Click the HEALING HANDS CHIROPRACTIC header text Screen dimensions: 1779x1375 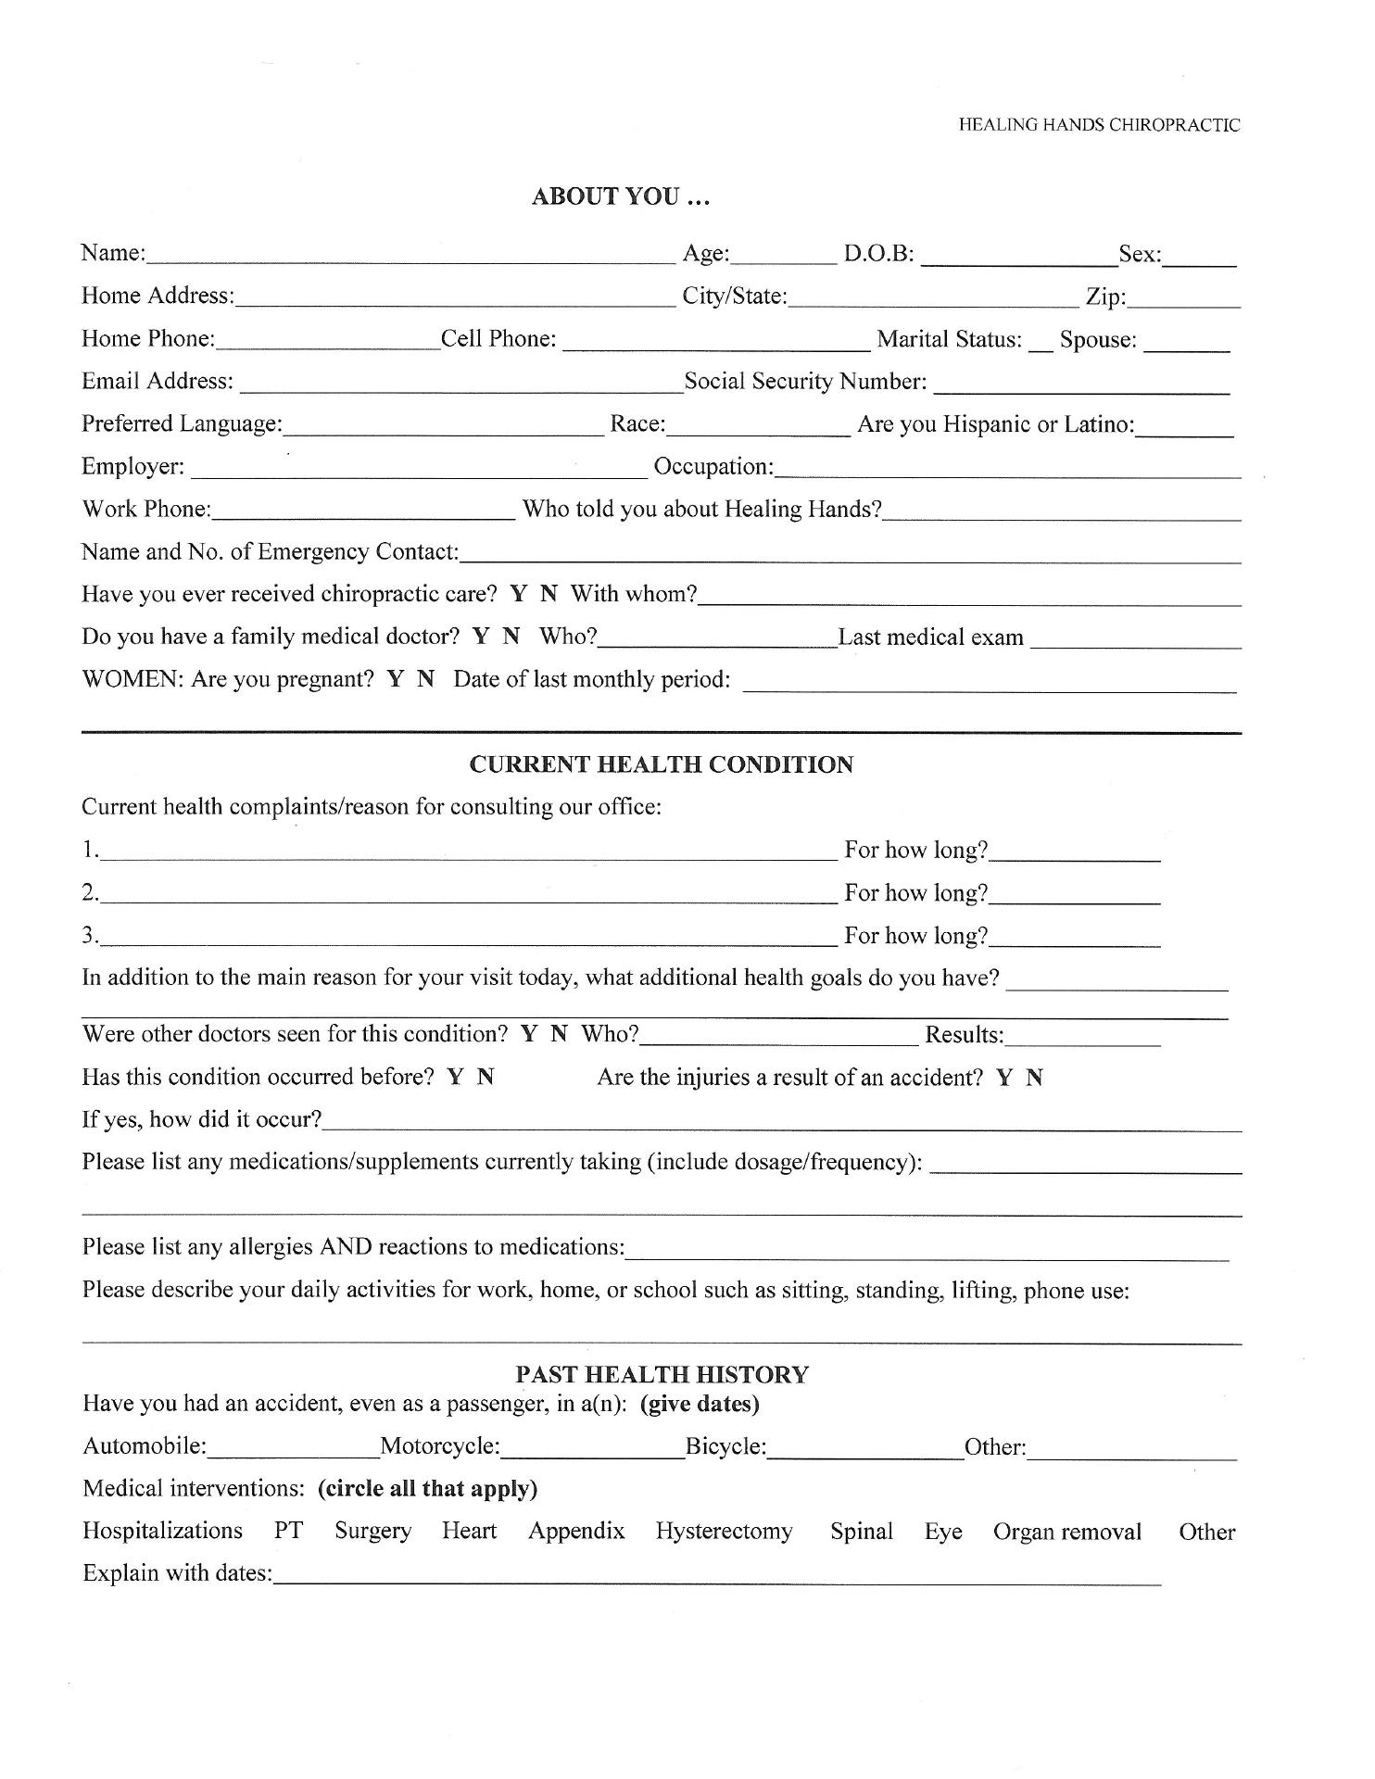[x=1099, y=125]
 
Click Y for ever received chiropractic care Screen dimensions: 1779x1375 [x=518, y=595]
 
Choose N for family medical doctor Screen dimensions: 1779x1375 [x=511, y=637]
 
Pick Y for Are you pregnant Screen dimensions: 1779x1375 [x=396, y=680]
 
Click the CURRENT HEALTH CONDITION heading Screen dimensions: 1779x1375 [x=661, y=765]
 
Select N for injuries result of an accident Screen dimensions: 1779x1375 [x=1035, y=1079]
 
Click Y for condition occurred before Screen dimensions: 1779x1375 [x=455, y=1078]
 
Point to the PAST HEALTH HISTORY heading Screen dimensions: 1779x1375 [x=662, y=1375]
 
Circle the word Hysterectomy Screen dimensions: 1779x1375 [x=724, y=1533]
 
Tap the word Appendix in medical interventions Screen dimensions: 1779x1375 [x=576, y=1533]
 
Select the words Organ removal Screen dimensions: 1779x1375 [x=1066, y=1533]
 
